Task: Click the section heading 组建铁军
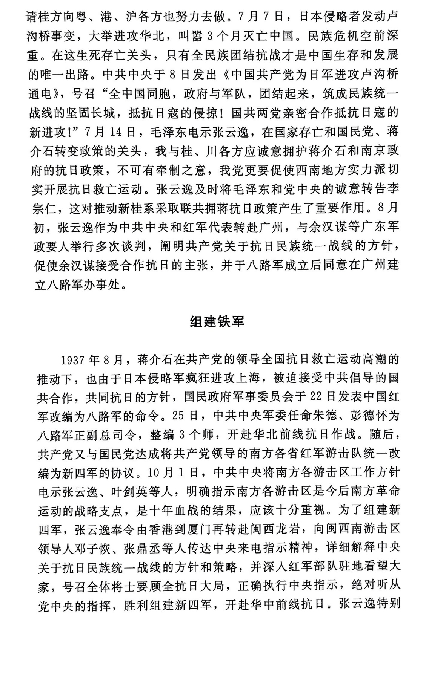217,321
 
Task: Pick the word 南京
362,151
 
